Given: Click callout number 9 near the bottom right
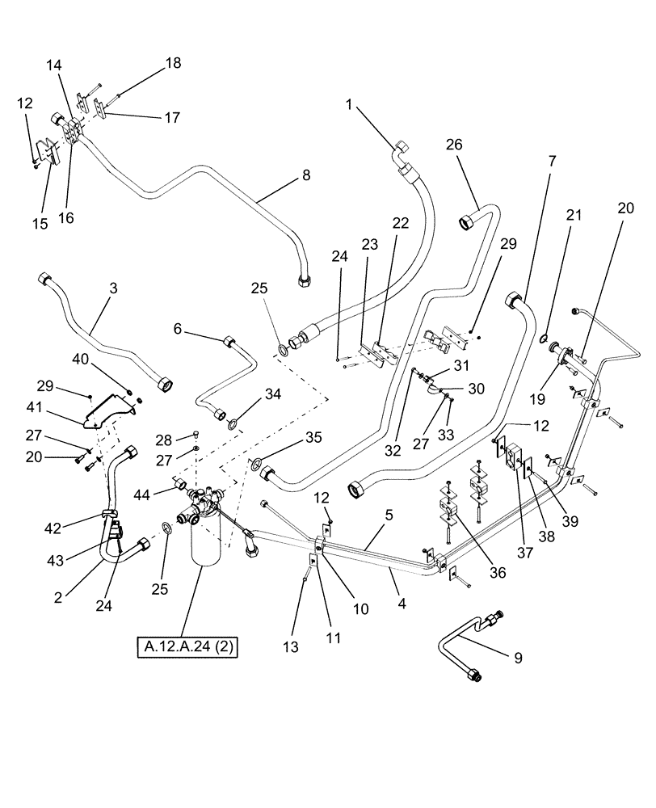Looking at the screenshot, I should click(x=517, y=657).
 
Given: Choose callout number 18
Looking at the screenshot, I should click(x=173, y=63).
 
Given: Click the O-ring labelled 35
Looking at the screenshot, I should click(x=254, y=464).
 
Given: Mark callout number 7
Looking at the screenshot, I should click(x=552, y=162).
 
